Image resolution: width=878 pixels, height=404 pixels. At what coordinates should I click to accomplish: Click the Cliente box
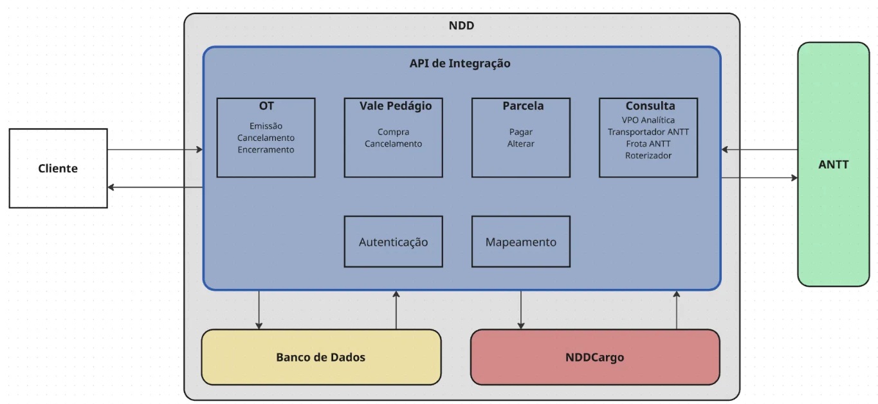point(58,169)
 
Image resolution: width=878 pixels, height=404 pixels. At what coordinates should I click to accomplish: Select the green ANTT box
point(833,165)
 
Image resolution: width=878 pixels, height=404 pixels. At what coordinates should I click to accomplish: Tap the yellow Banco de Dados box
point(321,357)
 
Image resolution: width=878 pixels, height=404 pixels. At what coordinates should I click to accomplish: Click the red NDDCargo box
point(595,357)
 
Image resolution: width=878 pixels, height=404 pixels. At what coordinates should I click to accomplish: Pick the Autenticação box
point(393,242)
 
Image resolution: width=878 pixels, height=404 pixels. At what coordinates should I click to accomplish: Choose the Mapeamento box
point(520,242)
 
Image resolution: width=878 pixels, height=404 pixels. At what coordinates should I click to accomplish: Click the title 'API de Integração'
point(460,63)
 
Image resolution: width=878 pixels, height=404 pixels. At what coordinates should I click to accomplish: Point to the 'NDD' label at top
point(461,26)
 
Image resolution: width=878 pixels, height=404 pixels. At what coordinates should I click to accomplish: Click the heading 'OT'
point(266,106)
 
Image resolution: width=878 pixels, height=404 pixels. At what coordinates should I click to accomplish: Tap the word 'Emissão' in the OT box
point(266,126)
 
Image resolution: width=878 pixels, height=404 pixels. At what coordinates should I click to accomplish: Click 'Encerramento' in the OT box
point(266,149)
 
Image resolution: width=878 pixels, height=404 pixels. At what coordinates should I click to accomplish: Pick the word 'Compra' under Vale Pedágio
point(393,132)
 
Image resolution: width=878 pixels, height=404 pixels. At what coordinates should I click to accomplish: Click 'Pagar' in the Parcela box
point(520,132)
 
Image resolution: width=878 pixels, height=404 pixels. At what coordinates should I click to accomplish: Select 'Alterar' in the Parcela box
point(520,143)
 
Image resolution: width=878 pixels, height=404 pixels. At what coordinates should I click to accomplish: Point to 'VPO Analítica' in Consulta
point(648,120)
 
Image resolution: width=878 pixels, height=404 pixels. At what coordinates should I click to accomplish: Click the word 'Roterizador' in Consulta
point(648,155)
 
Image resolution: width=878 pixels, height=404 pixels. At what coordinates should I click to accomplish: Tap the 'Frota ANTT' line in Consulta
point(648,143)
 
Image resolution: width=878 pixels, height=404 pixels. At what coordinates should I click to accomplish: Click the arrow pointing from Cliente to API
point(154,150)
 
